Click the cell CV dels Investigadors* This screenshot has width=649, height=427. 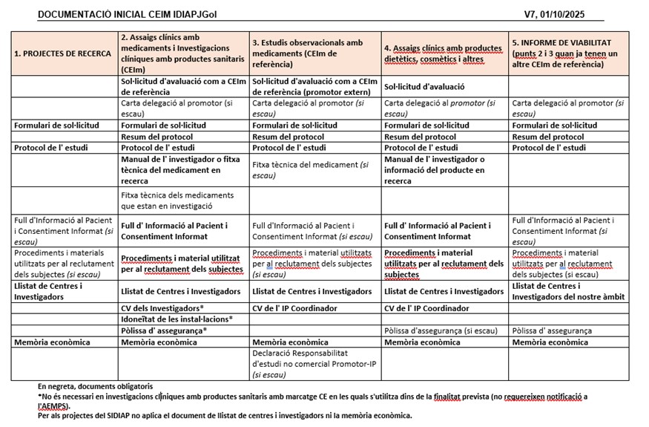[x=162, y=308]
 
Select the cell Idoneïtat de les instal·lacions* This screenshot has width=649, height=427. [x=177, y=319]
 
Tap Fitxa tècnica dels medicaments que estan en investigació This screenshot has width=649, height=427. [x=177, y=201]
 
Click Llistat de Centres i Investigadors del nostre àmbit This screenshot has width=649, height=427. [x=568, y=292]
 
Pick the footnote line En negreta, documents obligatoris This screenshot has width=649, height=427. [x=95, y=386]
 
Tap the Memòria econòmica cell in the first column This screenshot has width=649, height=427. [x=52, y=342]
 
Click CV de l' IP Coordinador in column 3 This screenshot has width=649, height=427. [x=295, y=308]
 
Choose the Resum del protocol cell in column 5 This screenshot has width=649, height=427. [x=548, y=137]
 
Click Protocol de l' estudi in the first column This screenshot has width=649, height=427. [x=51, y=148]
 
